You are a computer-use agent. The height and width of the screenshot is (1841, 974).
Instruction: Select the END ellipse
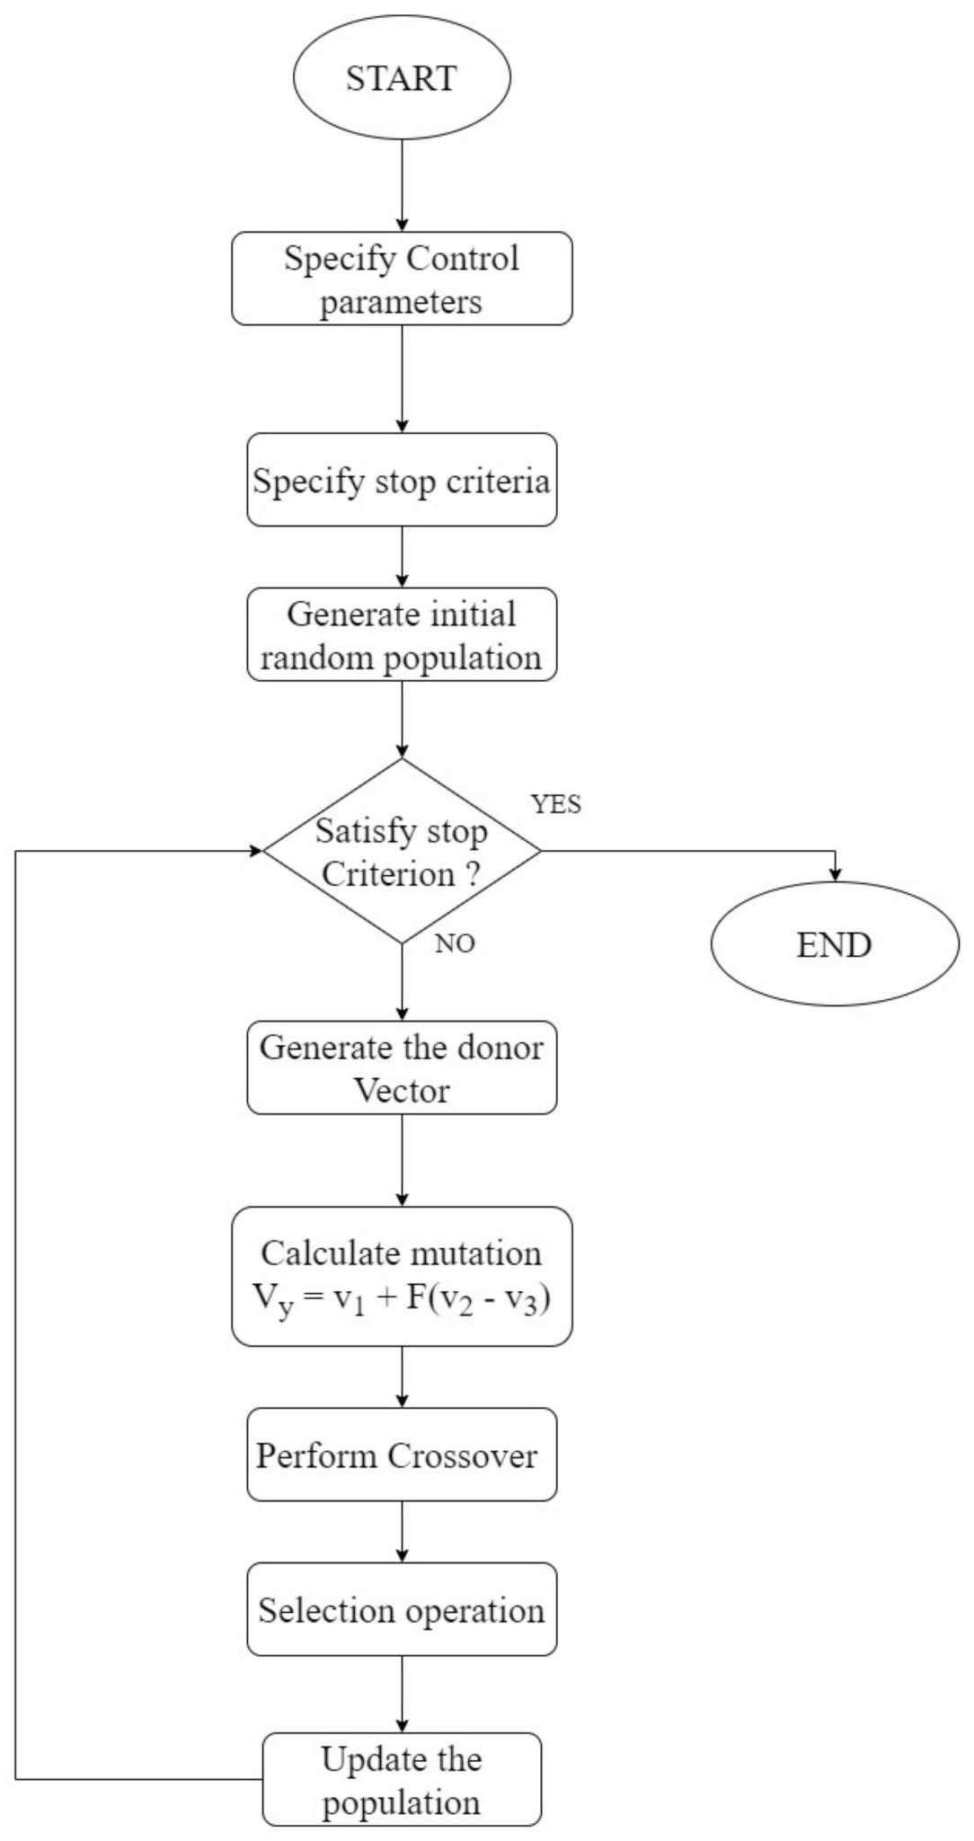click(835, 943)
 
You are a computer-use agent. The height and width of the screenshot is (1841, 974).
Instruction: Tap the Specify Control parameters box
click(402, 279)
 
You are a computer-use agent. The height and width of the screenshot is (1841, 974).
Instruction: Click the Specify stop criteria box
click(402, 480)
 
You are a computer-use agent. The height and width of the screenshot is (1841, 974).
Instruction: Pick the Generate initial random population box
click(402, 634)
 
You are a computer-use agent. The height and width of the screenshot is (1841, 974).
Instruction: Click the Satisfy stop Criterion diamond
click(402, 851)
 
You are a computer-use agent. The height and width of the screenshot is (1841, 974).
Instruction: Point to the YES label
click(556, 804)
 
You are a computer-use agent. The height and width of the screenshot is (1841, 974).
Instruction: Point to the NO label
click(455, 943)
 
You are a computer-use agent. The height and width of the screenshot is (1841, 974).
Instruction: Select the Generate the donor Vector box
click(402, 1067)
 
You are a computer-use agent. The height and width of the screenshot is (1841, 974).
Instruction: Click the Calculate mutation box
click(402, 1276)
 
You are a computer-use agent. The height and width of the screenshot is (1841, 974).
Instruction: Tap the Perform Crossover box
click(402, 1455)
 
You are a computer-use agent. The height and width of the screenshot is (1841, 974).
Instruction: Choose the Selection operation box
click(402, 1609)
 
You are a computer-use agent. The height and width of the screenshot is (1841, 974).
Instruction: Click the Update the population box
click(402, 1780)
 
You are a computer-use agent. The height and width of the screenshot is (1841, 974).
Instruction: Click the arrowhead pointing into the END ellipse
click(836, 875)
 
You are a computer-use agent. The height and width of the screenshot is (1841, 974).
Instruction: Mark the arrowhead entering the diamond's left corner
click(255, 850)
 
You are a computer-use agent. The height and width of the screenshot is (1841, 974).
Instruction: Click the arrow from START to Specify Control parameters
click(402, 184)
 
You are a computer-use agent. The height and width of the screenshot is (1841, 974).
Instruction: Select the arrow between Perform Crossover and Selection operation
click(402, 1531)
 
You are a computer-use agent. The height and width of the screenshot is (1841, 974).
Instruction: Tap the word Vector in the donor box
click(401, 1091)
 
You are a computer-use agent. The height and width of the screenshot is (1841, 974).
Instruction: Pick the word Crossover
click(462, 1456)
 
